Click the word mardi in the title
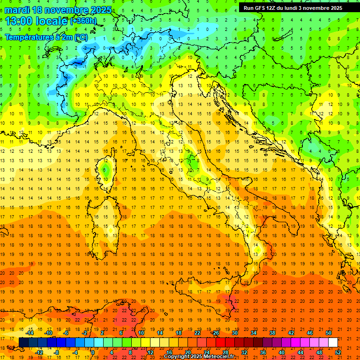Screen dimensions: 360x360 point(17,9)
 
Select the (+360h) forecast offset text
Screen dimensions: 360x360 point(83,21)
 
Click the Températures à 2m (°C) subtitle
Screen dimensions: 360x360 point(46,37)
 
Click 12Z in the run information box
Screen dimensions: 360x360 point(277,7)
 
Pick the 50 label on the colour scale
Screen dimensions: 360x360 point(329,333)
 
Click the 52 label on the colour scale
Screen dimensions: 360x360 point(338,352)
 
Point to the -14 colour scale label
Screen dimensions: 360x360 point(30,333)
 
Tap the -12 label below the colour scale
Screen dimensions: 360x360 point(39,352)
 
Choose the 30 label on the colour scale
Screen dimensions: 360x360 point(234,333)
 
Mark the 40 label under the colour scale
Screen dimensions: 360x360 point(281,352)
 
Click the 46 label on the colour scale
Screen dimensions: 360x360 point(310,333)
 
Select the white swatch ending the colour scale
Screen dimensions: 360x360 point(333,342)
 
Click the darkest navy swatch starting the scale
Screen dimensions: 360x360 point(23,342)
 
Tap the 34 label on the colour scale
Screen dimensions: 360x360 point(253,333)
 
